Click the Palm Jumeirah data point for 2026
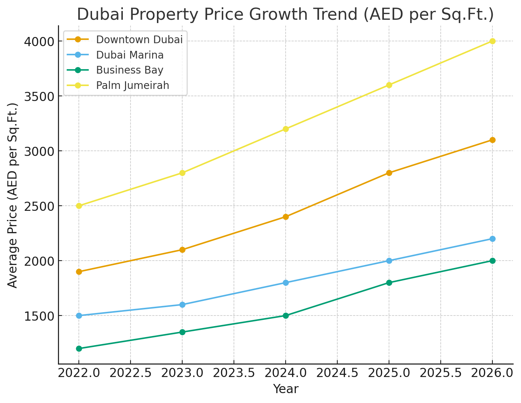[492, 41]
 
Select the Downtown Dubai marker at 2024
[286, 217]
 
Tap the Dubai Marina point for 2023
[182, 305]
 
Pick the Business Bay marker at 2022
[79, 348]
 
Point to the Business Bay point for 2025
[389, 283]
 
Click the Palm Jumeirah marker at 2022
[79, 206]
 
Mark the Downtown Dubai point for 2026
[492, 140]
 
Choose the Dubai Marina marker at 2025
[389, 261]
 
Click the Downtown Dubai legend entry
[139, 40]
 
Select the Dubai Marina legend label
[130, 55]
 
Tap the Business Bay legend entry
[129, 70]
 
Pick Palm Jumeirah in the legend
[132, 85]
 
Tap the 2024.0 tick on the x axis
[286, 374]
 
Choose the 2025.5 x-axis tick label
[441, 374]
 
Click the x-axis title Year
[286, 389]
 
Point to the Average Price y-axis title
[13, 195]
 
